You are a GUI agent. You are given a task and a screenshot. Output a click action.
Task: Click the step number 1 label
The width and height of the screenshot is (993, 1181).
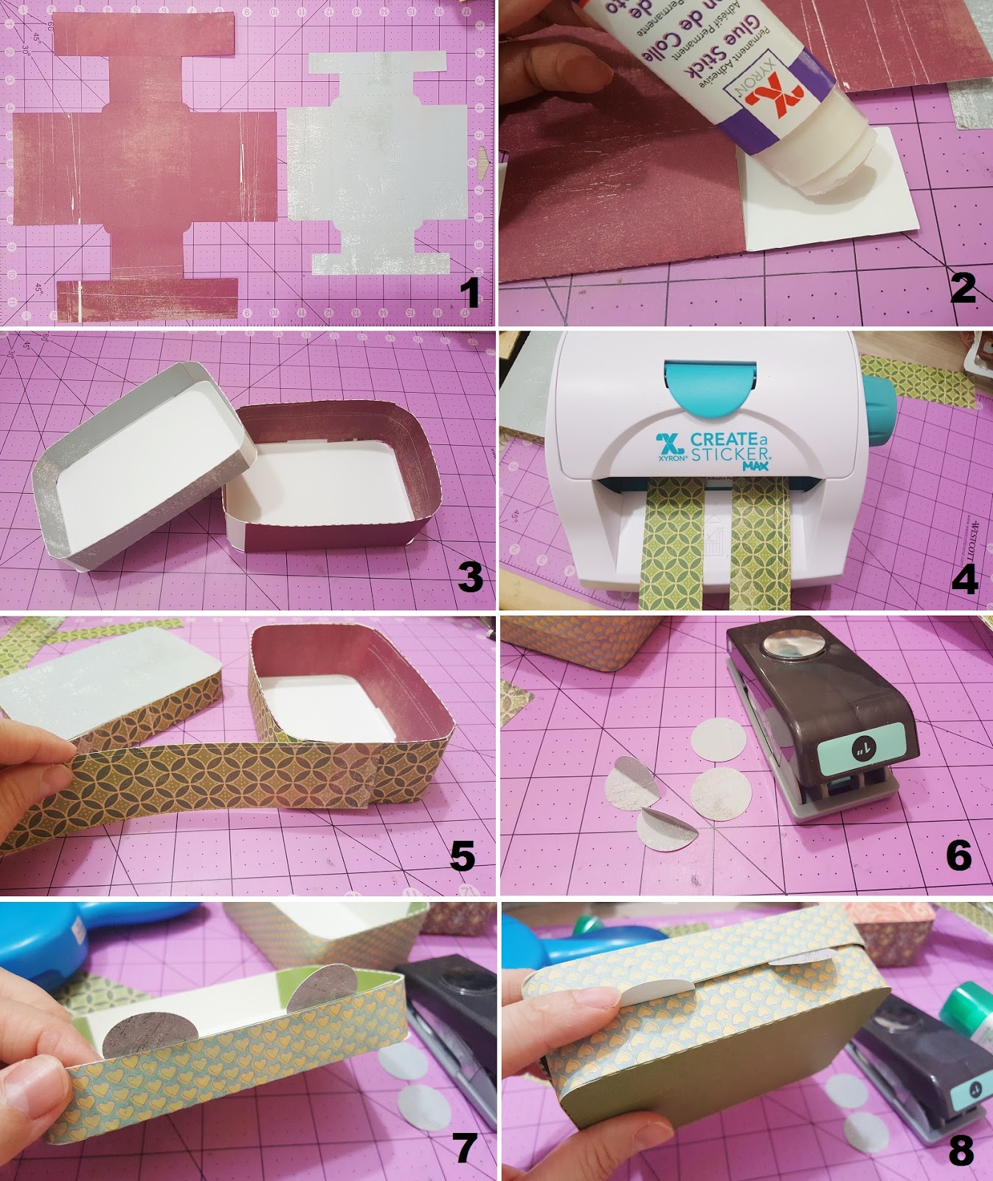(x=469, y=293)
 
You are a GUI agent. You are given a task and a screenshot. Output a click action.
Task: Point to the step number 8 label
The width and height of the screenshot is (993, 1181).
(x=961, y=1149)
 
